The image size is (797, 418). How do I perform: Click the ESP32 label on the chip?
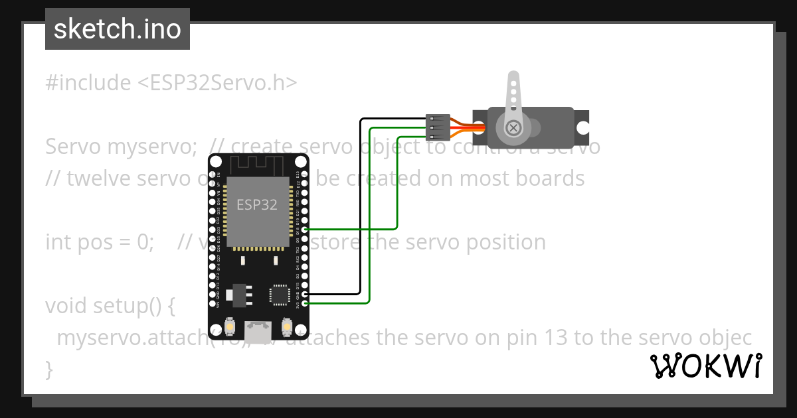[257, 204]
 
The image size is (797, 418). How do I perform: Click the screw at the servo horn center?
[513, 127]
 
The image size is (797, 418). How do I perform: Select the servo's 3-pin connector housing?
[436, 127]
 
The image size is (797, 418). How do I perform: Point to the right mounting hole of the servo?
[582, 127]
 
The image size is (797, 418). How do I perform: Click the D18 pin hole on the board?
[305, 229]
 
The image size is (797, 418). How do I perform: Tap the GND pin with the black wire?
[305, 293]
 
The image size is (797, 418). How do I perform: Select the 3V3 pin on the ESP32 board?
[305, 303]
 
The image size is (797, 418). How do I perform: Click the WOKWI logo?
[706, 366]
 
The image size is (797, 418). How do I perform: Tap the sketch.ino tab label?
[118, 29]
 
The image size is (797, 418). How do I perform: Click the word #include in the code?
[88, 83]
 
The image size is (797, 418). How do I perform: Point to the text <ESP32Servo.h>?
[217, 83]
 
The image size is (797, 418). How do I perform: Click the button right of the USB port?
[288, 326]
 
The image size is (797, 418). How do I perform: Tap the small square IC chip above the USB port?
[279, 295]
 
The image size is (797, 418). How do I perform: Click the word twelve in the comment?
[88, 178]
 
